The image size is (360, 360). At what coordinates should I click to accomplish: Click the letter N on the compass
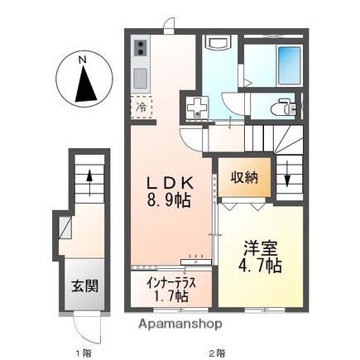[x=81, y=59]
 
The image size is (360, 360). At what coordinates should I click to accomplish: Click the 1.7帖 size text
[x=171, y=295]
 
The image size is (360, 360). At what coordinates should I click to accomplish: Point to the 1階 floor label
[x=84, y=353]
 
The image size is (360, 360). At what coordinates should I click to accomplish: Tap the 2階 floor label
[x=216, y=353]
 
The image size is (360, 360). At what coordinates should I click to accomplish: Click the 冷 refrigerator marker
[x=142, y=107]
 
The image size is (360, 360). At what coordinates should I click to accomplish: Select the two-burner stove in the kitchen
[x=140, y=49]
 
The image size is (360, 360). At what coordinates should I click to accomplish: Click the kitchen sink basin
[x=140, y=79]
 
